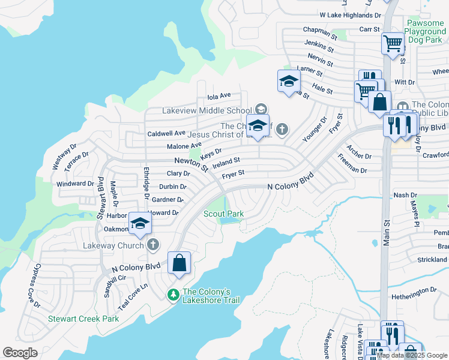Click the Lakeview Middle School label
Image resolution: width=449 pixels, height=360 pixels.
(206, 110)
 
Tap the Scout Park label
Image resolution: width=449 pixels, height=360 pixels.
(223, 214)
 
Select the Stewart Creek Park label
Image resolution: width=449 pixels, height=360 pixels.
(84, 319)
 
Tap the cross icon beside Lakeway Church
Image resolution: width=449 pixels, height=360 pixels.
(153, 244)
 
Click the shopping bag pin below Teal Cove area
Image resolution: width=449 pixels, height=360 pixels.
(179, 263)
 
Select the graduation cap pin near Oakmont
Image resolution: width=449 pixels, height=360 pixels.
(140, 224)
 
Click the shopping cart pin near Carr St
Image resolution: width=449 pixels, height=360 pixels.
(393, 44)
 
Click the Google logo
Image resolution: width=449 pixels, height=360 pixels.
(20, 353)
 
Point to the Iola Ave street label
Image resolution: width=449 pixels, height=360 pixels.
(219, 95)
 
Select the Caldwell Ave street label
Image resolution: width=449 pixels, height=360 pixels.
(167, 133)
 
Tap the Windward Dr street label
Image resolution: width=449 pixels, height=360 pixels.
(75, 184)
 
